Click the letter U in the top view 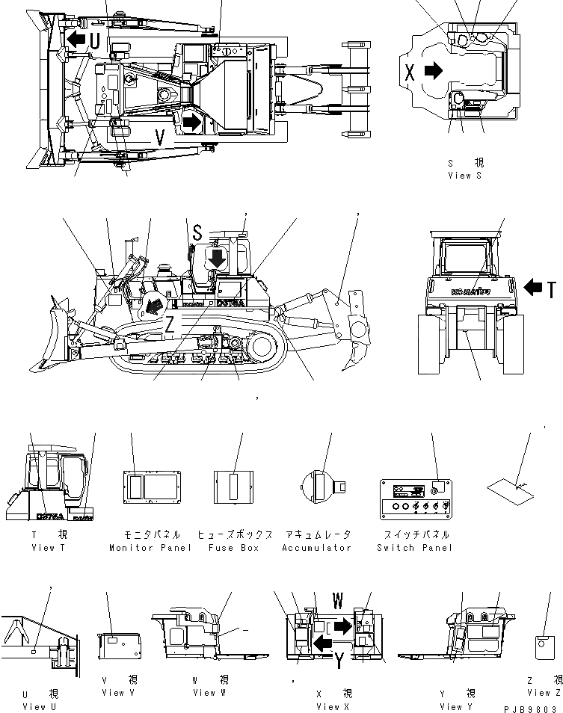(96, 43)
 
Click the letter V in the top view (160, 136)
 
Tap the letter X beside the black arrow (409, 72)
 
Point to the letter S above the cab (197, 233)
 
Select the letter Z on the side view (170, 324)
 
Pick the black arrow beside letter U (75, 39)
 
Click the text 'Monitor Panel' (150, 548)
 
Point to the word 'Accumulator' (316, 548)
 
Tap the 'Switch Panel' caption (415, 548)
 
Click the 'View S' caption (464, 176)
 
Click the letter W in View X (338, 601)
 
